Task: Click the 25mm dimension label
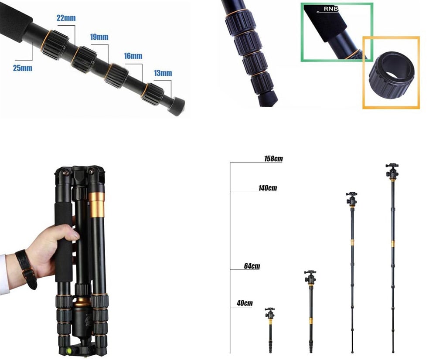pos(23,68)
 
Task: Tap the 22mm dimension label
pos(66,18)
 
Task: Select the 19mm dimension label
pos(99,37)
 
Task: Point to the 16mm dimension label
pos(133,56)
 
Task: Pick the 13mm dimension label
pos(163,73)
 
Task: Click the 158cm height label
pos(273,159)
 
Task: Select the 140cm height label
pos(267,188)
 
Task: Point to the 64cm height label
pos(252,266)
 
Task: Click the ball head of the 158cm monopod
pos(392,170)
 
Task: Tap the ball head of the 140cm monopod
pos(351,198)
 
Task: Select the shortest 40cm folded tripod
pos(270,329)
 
